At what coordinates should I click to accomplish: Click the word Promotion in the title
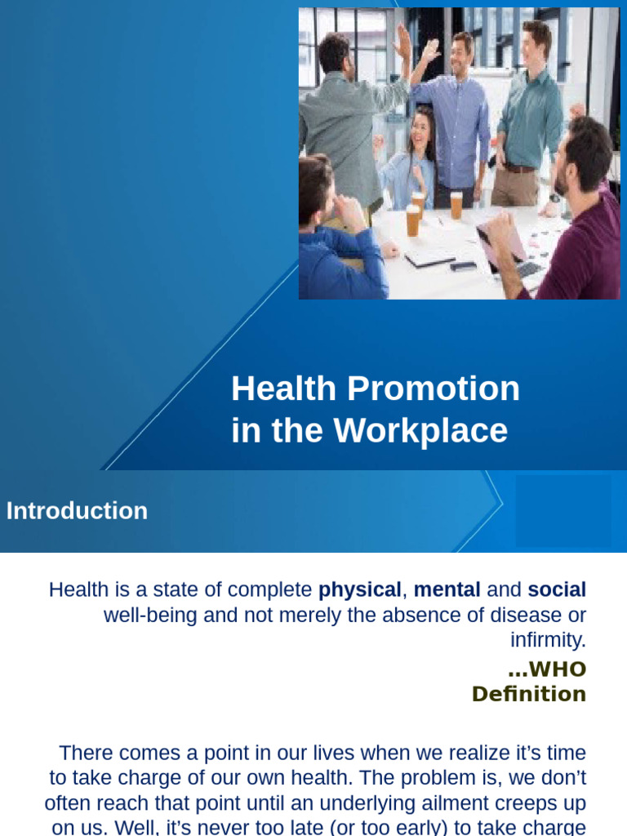click(x=434, y=389)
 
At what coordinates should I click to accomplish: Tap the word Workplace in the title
click(x=420, y=430)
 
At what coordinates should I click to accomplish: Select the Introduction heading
click(x=77, y=511)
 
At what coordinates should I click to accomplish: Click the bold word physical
click(x=359, y=590)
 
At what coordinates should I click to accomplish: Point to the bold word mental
click(x=447, y=589)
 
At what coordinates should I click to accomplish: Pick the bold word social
click(x=557, y=589)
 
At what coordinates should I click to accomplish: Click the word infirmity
click(x=548, y=639)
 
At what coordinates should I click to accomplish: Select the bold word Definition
click(x=529, y=694)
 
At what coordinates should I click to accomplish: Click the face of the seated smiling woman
click(x=419, y=132)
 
